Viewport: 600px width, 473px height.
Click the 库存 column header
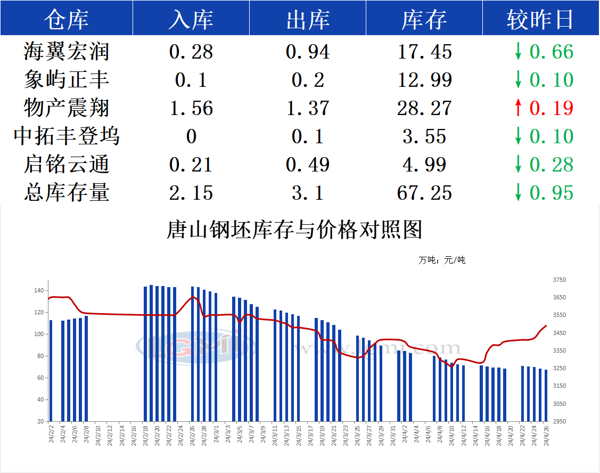tap(424, 20)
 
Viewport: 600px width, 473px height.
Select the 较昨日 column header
tap(540, 20)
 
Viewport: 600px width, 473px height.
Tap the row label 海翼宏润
tap(67, 52)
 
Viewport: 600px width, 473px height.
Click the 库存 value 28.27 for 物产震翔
tap(424, 108)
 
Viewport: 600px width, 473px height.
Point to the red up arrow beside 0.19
tap(517, 108)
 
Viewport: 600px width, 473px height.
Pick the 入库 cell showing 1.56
tap(191, 108)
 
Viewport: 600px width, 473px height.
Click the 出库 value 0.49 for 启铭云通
tap(307, 165)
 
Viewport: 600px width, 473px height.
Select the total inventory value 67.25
tap(424, 193)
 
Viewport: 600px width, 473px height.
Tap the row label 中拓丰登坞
tap(67, 136)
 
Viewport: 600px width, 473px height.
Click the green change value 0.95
tap(552, 193)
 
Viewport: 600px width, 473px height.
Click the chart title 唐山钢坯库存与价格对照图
tap(294, 230)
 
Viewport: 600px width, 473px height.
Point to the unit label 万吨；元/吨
tap(441, 260)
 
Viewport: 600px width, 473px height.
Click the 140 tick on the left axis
tap(39, 291)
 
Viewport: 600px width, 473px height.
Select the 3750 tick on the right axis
tap(560, 280)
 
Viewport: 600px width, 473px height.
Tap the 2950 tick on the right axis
tap(560, 421)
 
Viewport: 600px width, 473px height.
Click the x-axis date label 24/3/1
tap(216, 435)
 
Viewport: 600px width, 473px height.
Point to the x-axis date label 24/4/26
tap(546, 435)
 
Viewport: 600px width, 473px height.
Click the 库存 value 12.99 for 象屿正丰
tap(424, 80)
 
